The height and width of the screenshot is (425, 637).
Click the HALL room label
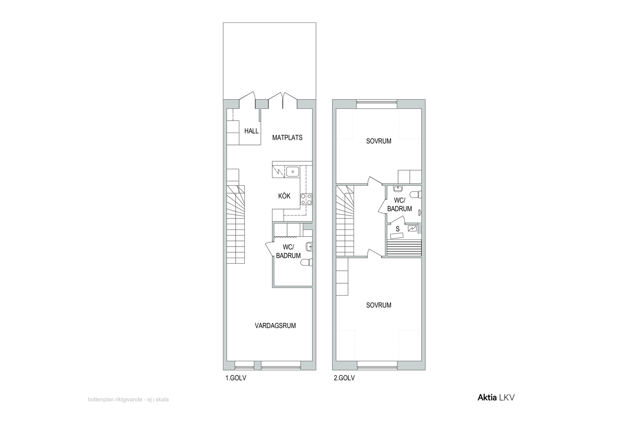[251, 131]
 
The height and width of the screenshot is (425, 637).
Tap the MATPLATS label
[287, 138]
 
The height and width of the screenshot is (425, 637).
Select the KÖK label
[284, 196]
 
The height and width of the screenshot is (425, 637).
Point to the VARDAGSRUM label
[275, 326]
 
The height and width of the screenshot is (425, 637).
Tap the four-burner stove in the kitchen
[306, 199]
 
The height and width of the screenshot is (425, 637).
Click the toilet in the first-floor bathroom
[307, 262]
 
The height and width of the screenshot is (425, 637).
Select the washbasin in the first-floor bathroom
[309, 247]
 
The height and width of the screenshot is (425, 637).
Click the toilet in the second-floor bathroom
[416, 195]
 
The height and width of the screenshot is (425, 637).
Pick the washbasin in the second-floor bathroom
[398, 189]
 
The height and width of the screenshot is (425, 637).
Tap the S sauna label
[398, 229]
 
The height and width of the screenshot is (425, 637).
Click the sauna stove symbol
[412, 228]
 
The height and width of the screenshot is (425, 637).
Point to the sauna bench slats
[404, 248]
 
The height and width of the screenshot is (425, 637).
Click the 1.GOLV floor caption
[236, 378]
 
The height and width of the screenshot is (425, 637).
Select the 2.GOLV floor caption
[344, 378]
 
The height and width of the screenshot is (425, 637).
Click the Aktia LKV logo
[496, 398]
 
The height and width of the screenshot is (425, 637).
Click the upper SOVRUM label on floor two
[379, 141]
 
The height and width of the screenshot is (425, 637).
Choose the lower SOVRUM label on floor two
[379, 305]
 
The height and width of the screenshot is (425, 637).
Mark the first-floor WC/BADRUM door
[269, 248]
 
